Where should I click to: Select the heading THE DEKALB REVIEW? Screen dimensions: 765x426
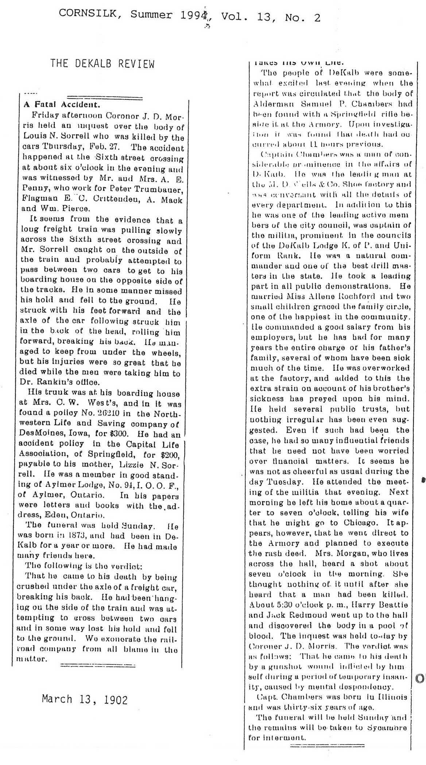pos(102,64)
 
